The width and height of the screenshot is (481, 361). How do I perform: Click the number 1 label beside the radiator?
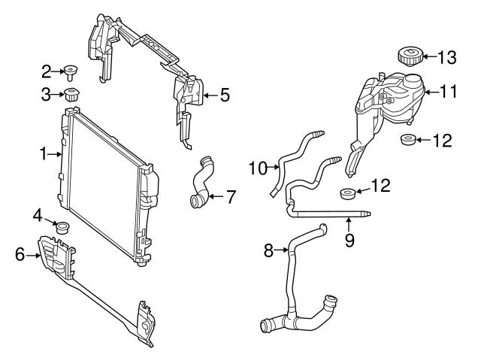pos(42,154)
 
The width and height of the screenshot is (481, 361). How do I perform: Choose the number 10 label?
pos(258,168)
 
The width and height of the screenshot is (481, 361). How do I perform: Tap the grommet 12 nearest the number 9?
pos(348,194)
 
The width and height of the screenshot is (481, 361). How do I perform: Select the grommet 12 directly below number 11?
pos(408,140)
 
